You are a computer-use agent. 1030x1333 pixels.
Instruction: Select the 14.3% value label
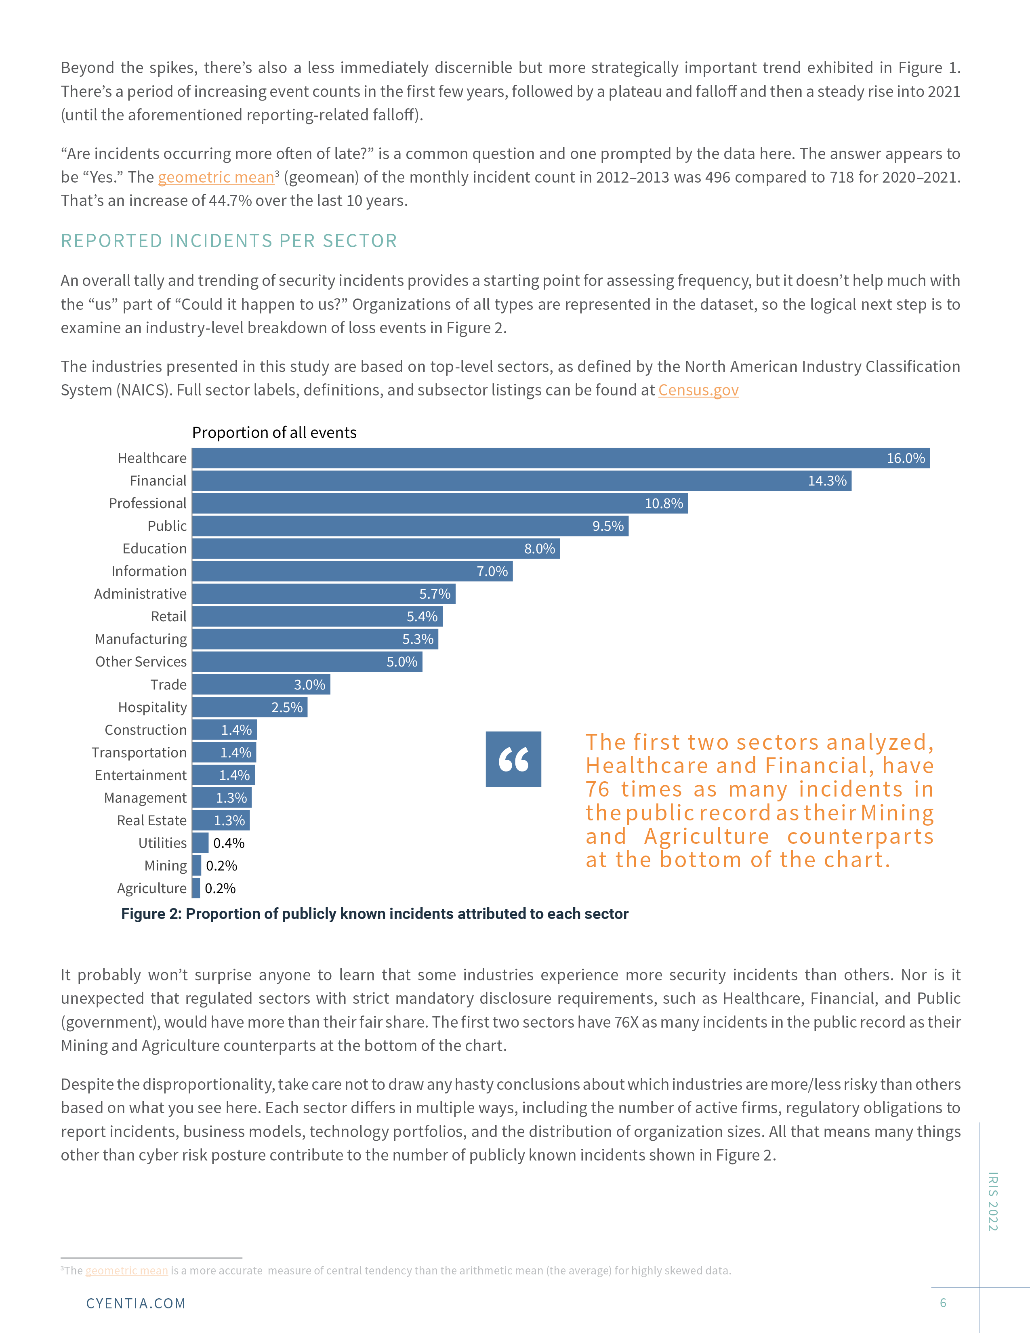pyautogui.click(x=827, y=481)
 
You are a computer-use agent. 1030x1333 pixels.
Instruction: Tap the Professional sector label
pyautogui.click(x=148, y=504)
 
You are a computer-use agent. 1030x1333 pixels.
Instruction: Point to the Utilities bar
pyautogui.click(x=200, y=843)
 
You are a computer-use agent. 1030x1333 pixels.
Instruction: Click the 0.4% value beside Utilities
pyautogui.click(x=229, y=843)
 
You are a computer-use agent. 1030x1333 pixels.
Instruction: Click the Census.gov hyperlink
pyautogui.click(x=698, y=390)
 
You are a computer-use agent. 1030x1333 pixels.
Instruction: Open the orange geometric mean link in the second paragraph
pyautogui.click(x=216, y=178)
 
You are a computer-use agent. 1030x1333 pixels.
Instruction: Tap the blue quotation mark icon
pyautogui.click(x=513, y=759)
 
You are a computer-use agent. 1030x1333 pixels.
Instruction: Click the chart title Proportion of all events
pyautogui.click(x=274, y=433)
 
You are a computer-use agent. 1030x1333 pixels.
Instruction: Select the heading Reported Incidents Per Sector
pyautogui.click(x=229, y=241)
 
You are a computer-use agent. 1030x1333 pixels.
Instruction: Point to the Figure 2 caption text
pyautogui.click(x=375, y=914)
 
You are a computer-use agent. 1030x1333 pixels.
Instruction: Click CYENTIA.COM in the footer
pyautogui.click(x=135, y=1303)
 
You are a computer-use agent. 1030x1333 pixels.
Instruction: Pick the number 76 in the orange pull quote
pyautogui.click(x=597, y=789)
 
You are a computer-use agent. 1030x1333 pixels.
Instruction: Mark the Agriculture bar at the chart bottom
pyautogui.click(x=196, y=888)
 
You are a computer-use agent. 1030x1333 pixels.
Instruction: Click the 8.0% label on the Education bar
pyautogui.click(x=539, y=549)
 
